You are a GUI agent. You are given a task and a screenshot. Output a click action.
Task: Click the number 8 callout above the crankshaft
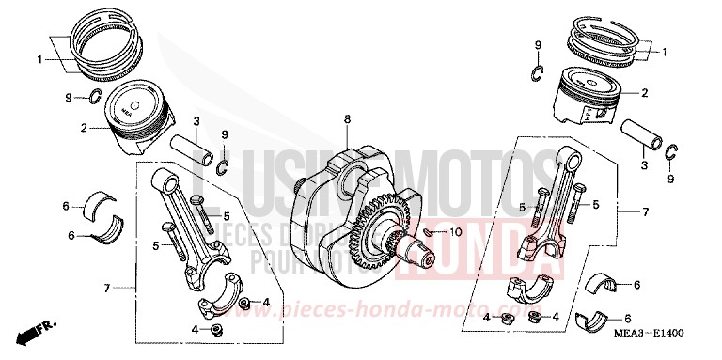coord(346,118)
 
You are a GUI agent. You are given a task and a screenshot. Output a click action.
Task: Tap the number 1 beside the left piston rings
coord(40,59)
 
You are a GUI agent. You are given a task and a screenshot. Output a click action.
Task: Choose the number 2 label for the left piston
coord(84,127)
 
